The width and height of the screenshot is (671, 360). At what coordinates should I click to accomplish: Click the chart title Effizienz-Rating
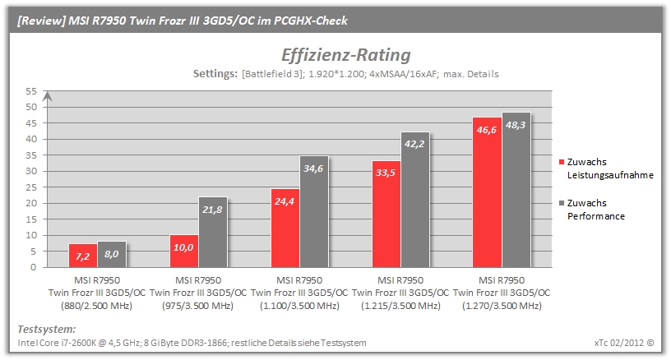[x=345, y=55]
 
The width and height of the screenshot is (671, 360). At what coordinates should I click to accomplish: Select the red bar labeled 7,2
[x=83, y=256]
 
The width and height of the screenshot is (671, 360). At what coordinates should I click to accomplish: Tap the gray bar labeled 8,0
[x=112, y=255]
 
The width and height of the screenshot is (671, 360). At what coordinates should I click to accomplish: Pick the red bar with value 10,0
[x=184, y=251]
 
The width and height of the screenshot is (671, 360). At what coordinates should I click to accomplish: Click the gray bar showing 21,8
[x=213, y=232]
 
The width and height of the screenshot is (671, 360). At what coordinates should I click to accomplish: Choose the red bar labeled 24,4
[x=285, y=228]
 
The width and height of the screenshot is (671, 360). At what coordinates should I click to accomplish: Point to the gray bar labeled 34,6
[x=314, y=211]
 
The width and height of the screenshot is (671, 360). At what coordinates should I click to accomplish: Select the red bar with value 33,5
[x=386, y=214]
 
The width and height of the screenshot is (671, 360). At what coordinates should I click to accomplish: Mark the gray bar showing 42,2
[x=415, y=200]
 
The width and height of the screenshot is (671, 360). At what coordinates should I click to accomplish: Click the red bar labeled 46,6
[x=487, y=192]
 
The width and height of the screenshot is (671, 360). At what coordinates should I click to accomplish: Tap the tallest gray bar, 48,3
[x=516, y=190]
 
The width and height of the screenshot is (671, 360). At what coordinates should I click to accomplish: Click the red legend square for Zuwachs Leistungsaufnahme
[x=562, y=162]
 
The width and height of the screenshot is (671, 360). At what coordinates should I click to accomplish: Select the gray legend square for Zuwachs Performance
[x=562, y=203]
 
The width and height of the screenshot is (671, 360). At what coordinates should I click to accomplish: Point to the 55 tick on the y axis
[x=31, y=91]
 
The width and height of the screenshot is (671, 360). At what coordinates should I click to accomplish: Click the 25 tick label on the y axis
[x=31, y=187]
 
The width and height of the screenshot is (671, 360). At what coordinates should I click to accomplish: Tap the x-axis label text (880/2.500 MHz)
[x=97, y=306]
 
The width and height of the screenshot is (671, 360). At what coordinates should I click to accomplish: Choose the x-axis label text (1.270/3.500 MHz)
[x=502, y=306]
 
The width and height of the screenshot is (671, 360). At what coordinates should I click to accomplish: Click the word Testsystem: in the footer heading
[x=47, y=330]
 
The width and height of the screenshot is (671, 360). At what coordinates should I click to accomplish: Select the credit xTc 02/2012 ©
[x=624, y=343]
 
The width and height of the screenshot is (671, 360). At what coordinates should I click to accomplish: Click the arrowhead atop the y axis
[x=48, y=96]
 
